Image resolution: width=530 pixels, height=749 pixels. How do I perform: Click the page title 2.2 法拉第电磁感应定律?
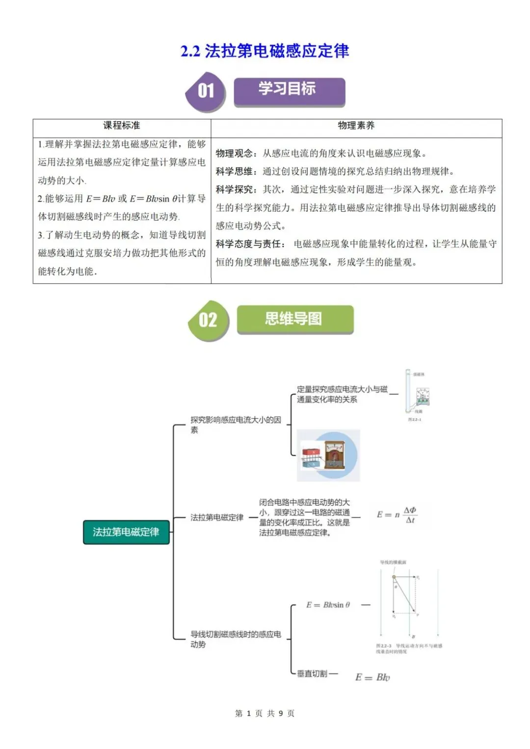click(x=265, y=51)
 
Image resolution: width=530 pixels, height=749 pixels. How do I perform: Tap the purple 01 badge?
click(x=206, y=91)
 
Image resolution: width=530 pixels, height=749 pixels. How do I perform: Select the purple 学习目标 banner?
click(x=289, y=91)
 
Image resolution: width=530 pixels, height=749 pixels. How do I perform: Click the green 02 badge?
click(x=208, y=320)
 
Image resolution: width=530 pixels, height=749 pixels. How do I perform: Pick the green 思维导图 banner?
click(x=294, y=319)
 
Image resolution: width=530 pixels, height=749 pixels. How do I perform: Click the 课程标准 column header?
click(x=122, y=126)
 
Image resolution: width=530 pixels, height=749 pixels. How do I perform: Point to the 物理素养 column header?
click(x=356, y=126)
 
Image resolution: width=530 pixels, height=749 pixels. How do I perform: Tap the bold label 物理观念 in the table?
click(x=235, y=154)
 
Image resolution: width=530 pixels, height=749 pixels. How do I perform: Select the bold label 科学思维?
click(x=235, y=172)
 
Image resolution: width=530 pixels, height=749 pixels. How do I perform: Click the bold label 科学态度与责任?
click(x=249, y=244)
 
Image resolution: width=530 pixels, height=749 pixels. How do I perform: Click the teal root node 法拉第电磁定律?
click(x=126, y=532)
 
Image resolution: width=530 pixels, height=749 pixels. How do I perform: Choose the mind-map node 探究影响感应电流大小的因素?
click(x=236, y=424)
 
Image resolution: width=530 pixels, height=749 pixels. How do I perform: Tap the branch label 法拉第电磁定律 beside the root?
click(x=217, y=517)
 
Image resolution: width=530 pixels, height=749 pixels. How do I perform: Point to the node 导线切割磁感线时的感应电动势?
click(x=236, y=639)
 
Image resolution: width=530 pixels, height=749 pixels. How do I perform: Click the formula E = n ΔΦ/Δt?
click(x=397, y=515)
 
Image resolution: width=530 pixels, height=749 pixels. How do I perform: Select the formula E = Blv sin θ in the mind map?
click(x=328, y=605)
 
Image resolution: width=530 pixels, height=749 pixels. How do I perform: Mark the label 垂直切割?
click(x=312, y=674)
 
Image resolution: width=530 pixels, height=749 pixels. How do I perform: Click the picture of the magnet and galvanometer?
click(x=328, y=455)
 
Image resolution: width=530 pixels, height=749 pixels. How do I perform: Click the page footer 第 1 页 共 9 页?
click(x=265, y=713)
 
